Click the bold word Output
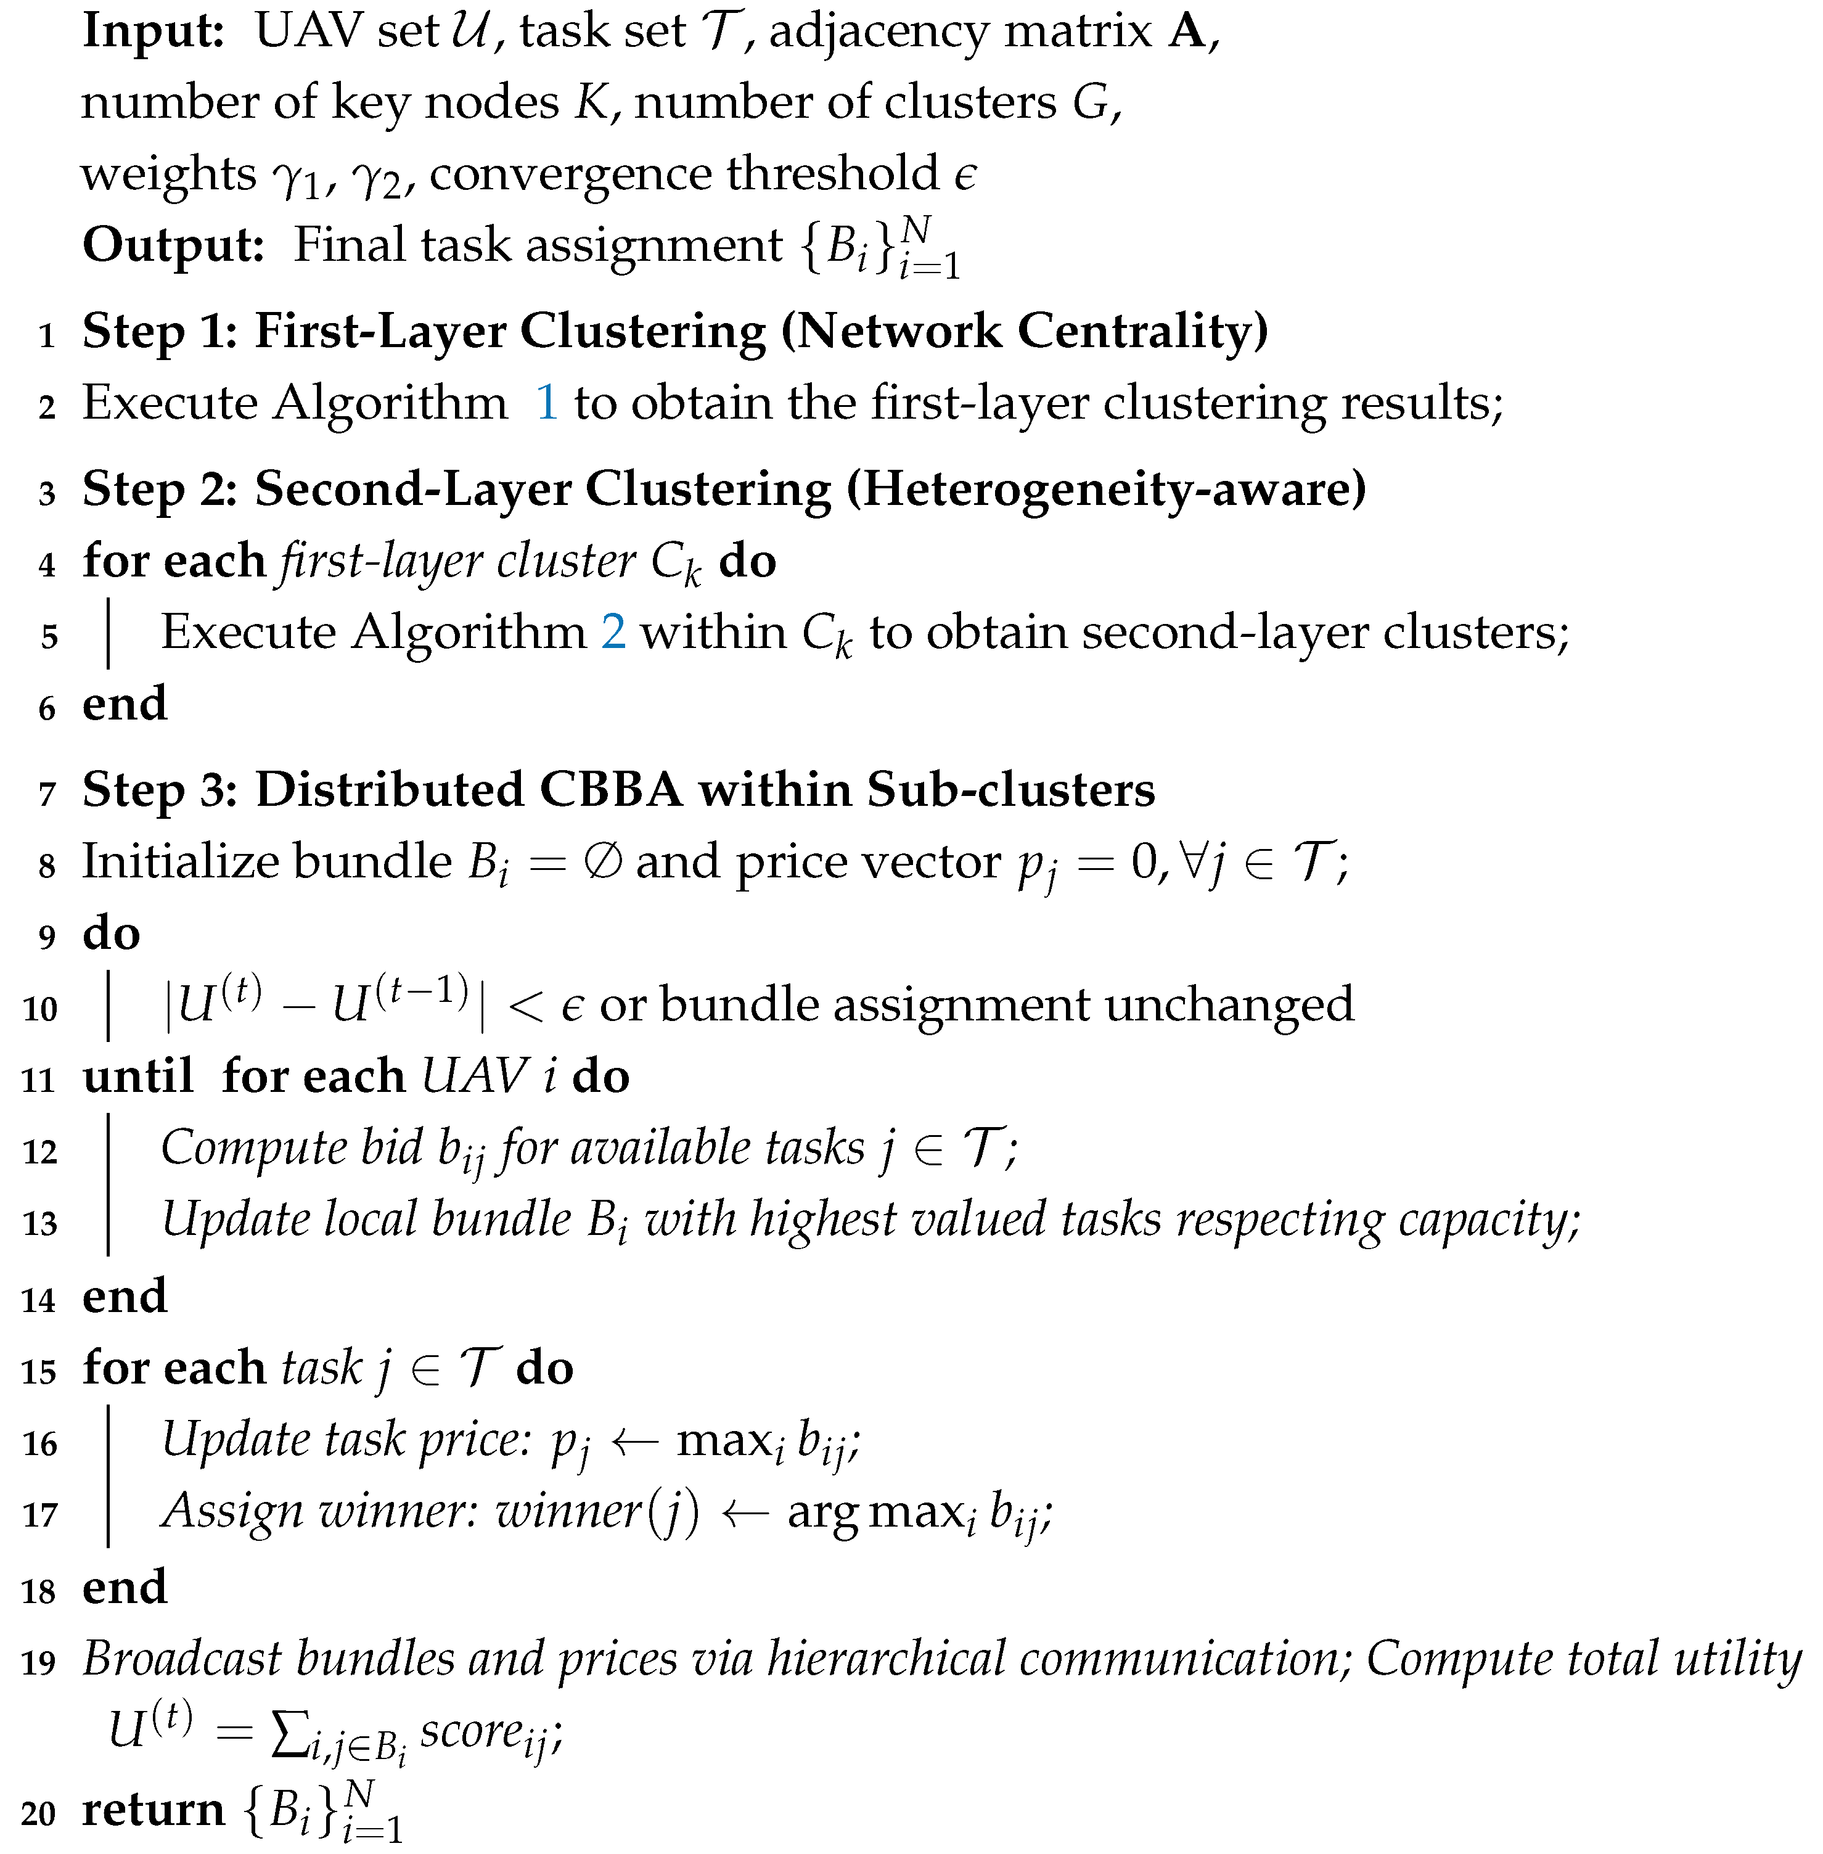(x=173, y=245)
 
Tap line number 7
(x=47, y=794)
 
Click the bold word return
(x=153, y=1809)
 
